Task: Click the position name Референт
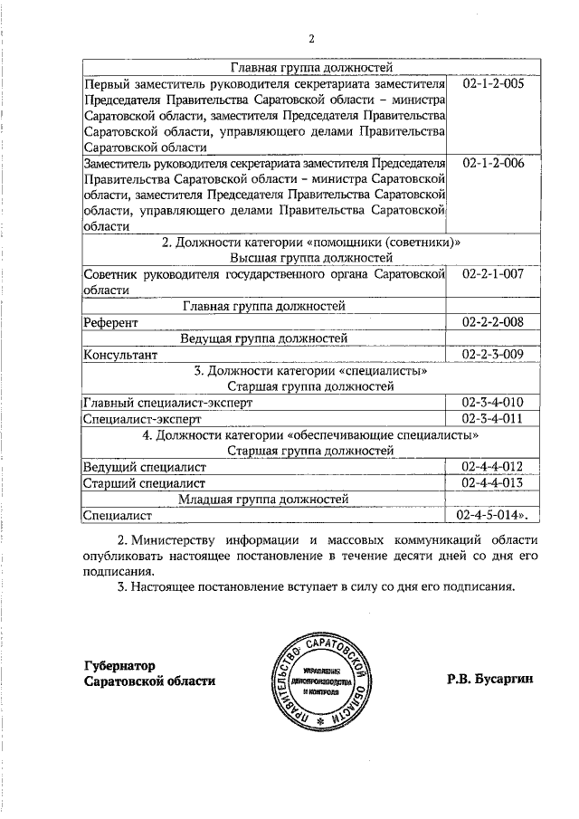(x=110, y=322)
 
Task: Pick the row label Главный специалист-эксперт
(x=167, y=403)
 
